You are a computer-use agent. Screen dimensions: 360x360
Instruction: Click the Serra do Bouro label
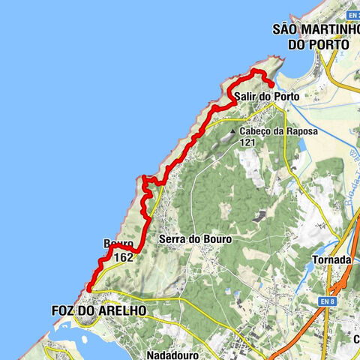point(195,239)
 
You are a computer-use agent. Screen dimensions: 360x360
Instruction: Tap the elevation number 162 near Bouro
point(124,257)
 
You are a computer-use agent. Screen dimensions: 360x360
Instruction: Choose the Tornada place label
point(331,259)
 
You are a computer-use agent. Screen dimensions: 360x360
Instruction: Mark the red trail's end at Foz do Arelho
point(88,289)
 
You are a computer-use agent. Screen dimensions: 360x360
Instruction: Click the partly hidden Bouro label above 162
point(118,244)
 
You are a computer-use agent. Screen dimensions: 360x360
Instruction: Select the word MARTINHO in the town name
point(325,30)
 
